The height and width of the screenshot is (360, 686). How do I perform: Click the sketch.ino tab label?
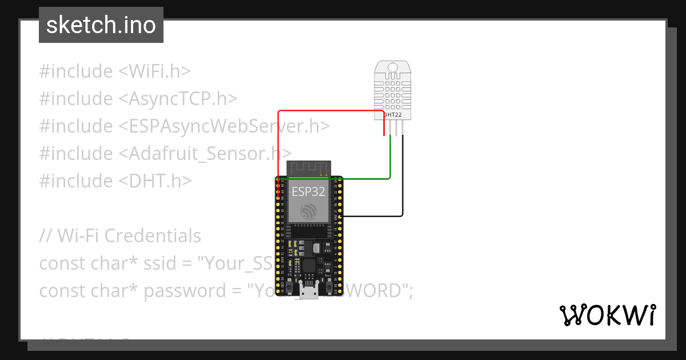point(101,25)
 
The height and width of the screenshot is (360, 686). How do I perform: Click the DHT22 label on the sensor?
point(392,115)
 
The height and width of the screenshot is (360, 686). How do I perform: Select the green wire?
point(343,179)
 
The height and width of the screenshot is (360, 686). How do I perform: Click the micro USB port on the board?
point(309,293)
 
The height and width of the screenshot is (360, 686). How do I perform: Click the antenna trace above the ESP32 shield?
point(309,169)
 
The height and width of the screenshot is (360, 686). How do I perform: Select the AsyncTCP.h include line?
point(138,99)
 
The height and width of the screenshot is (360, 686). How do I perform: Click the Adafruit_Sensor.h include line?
point(166,154)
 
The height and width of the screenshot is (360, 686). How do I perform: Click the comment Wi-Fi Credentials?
point(120,236)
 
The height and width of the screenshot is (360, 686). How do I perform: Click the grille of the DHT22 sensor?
point(393,90)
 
